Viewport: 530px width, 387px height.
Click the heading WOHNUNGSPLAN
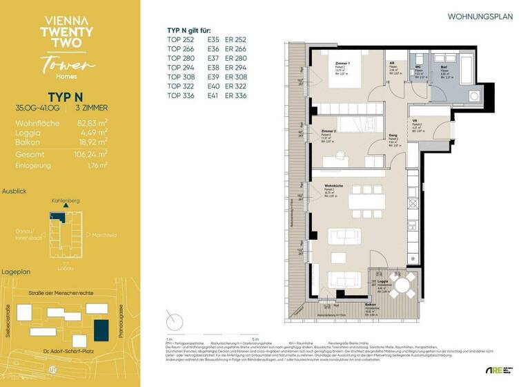click(480, 16)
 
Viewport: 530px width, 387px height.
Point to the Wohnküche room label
click(336, 185)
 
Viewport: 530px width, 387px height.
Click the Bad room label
click(444, 67)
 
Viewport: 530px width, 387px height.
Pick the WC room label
click(418, 67)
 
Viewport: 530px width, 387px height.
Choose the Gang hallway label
click(393, 136)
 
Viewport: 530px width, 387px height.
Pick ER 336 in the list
click(237, 96)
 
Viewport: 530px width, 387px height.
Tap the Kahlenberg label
click(66, 200)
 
